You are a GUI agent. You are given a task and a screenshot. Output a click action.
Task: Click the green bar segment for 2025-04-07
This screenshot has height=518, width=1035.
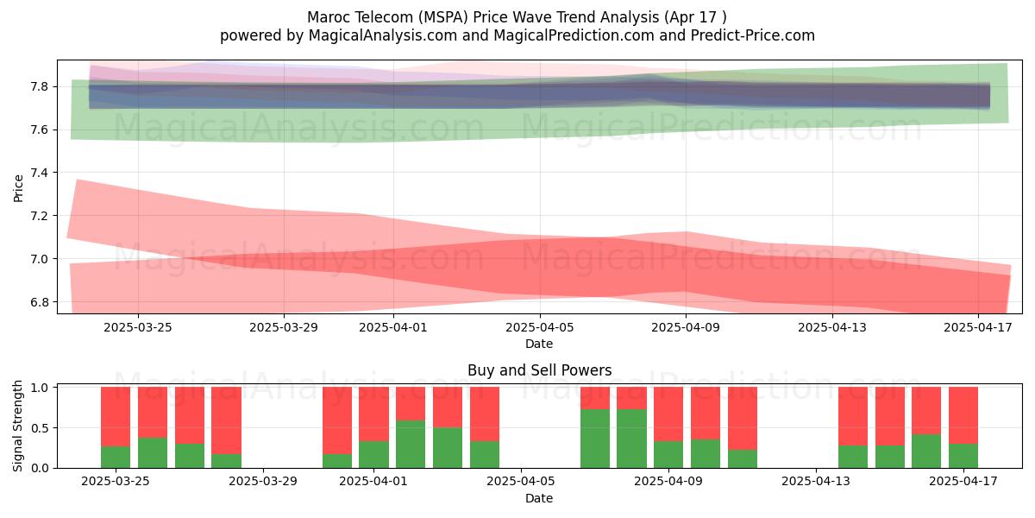pos(595,439)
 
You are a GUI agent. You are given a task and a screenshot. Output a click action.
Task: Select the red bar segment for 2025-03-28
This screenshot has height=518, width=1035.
pos(226,420)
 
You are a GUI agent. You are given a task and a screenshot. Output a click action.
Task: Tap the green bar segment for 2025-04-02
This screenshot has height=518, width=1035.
pos(411,444)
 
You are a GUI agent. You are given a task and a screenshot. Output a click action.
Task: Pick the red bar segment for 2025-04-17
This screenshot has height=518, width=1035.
pos(963,415)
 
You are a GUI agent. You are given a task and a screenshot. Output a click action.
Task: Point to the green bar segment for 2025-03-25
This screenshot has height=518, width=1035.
pos(116,457)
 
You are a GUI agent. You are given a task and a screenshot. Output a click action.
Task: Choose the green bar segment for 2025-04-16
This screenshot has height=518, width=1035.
pos(926,451)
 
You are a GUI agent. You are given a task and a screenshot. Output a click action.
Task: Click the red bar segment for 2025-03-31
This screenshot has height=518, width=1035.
pos(337,420)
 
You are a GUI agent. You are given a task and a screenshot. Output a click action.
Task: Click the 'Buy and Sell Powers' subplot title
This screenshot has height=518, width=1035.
pos(539,370)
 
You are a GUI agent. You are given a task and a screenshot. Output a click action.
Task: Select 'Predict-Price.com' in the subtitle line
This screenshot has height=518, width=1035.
pos(753,35)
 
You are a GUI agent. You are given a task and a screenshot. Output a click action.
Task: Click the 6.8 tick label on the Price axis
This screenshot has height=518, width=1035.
pos(39,302)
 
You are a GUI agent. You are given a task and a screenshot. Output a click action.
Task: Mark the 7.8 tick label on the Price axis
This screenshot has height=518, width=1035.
pos(39,86)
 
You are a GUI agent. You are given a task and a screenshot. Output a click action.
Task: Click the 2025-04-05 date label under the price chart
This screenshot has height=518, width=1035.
pos(539,327)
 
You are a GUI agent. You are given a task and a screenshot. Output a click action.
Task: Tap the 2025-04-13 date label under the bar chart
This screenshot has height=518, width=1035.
pos(816,481)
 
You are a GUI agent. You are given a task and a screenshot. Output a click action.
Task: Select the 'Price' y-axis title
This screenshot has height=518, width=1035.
pos(18,188)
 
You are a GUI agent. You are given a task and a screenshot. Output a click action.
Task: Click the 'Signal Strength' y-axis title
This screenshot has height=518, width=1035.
pos(17,426)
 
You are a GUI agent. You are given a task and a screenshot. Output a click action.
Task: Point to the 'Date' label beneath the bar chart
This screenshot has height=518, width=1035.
pos(539,498)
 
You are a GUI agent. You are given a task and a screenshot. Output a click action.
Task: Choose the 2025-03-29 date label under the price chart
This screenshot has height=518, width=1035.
pos(284,327)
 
